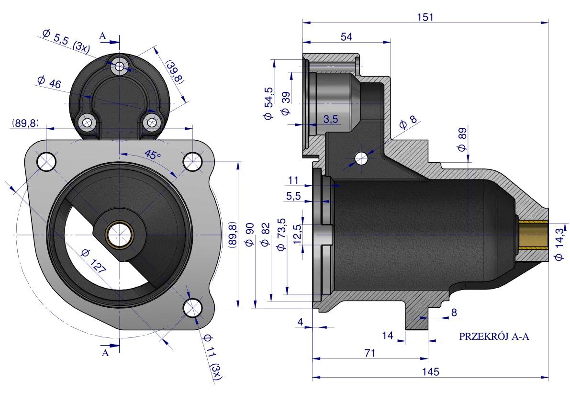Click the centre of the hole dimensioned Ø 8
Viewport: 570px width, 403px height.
click(x=361, y=158)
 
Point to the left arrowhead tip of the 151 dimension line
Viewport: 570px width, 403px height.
click(x=302, y=22)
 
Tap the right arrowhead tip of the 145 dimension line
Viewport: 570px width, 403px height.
click(x=548, y=377)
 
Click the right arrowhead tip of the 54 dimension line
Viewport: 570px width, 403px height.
click(x=390, y=42)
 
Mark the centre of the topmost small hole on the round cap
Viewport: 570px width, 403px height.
click(x=120, y=66)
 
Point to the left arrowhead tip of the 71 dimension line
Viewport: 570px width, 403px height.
click(x=313, y=358)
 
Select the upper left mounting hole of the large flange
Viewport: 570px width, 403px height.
click(x=47, y=161)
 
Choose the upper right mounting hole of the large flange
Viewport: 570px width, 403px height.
click(x=192, y=161)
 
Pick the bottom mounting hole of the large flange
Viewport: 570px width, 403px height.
click(x=192, y=307)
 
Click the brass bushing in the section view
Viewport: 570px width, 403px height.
click(x=533, y=235)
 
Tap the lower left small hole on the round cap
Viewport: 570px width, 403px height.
click(x=87, y=123)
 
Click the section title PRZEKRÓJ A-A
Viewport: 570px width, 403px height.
click(x=494, y=336)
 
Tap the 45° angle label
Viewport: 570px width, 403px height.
click(x=153, y=155)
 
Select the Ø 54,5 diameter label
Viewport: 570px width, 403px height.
click(x=268, y=103)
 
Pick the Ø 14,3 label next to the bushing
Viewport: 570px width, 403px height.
click(x=559, y=244)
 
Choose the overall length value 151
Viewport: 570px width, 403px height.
click(x=425, y=17)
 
